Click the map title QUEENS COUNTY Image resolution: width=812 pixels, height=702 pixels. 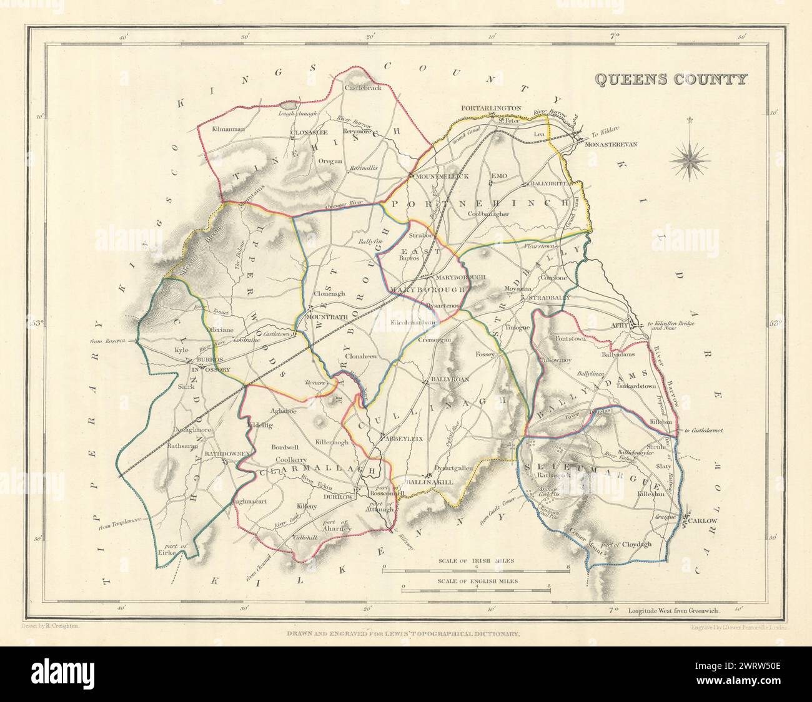(670, 79)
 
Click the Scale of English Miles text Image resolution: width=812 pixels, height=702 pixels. (475, 580)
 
